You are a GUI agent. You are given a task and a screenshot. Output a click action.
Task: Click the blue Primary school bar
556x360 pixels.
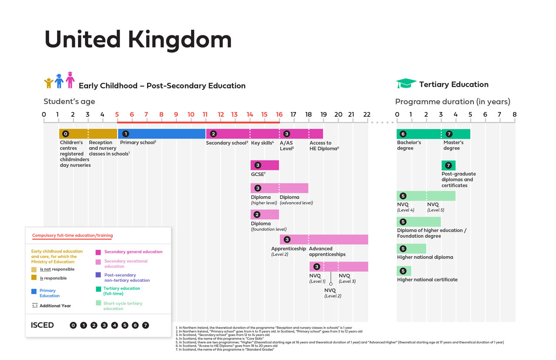point(161,134)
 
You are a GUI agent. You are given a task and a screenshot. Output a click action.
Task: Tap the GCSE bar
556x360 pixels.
point(264,165)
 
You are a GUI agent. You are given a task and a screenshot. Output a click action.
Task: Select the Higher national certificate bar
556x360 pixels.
point(404,271)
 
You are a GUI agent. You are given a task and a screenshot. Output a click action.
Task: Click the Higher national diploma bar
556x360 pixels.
point(411,249)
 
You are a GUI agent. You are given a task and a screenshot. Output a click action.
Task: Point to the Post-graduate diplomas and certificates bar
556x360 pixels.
point(448,166)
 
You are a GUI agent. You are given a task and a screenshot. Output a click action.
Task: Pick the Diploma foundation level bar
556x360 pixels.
point(264,214)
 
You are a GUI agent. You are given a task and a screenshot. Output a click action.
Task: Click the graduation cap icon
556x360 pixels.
point(406,84)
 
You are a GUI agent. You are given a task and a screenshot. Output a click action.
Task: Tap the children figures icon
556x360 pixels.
point(59,81)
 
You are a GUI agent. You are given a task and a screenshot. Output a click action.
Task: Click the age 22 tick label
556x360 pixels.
point(367,115)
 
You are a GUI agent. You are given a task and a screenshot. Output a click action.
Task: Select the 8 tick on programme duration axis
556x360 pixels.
point(515,115)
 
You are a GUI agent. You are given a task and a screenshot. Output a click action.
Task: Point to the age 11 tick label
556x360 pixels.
point(205,115)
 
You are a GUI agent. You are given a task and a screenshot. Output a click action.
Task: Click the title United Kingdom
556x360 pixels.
point(138,40)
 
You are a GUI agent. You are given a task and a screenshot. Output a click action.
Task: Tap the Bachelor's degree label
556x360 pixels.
point(409,145)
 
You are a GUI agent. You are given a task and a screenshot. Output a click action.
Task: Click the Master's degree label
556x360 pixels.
point(454,145)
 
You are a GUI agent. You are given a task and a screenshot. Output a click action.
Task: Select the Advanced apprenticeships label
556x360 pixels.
point(327,251)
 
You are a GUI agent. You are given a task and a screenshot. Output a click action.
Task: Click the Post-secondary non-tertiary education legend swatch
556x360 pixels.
point(98,275)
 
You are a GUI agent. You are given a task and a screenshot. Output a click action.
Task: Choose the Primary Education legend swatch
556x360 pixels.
point(34,291)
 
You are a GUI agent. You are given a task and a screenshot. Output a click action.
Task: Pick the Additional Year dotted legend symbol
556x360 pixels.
point(35,306)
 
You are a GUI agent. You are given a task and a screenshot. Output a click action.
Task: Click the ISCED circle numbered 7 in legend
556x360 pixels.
point(146,325)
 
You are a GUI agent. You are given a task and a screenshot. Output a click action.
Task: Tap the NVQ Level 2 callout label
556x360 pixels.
point(332,293)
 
